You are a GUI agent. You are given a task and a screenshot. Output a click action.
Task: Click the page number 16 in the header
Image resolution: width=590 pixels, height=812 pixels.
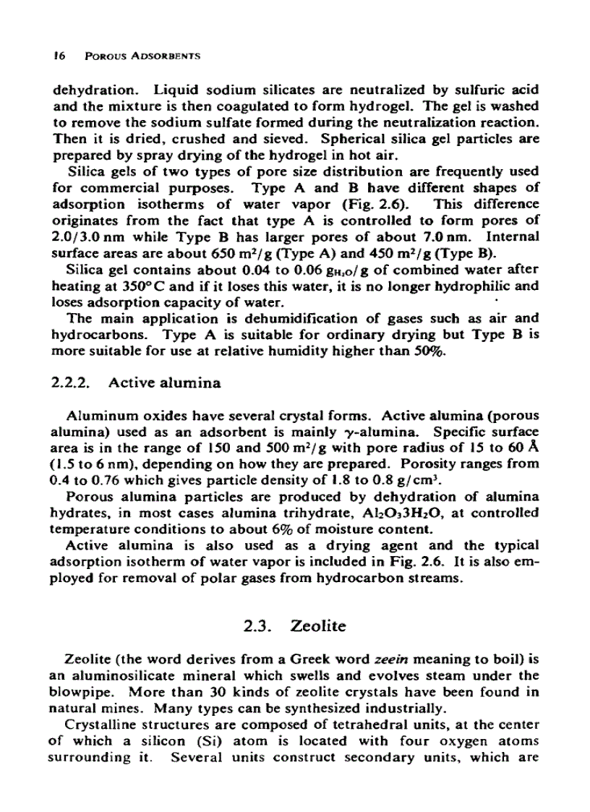[59, 56]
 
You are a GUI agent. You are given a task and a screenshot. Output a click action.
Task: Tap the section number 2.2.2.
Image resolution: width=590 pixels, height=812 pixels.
[74, 383]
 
